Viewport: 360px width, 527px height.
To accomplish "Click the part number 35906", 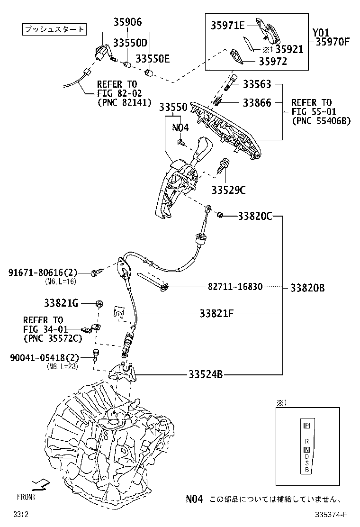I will click(x=127, y=22).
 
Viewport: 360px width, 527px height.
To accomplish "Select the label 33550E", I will click(x=153, y=58).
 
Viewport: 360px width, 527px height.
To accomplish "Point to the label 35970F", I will click(x=331, y=42).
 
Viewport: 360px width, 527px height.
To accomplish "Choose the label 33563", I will click(x=257, y=85).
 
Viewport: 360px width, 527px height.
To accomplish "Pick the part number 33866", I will click(x=257, y=102).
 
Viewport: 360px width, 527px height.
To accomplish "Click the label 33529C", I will click(x=229, y=191).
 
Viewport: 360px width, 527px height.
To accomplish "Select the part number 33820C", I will click(x=255, y=217).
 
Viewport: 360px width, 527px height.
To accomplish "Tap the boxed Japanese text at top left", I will click(x=54, y=29).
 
